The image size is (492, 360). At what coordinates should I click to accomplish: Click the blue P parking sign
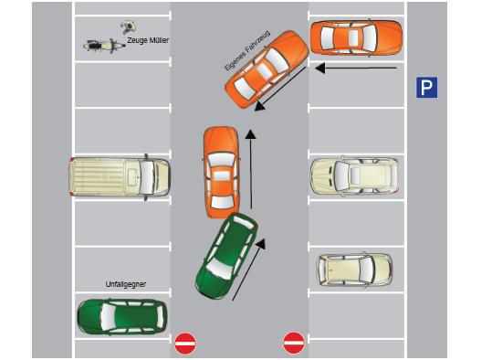click(x=426, y=88)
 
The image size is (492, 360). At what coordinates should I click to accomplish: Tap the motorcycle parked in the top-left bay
click(x=102, y=44)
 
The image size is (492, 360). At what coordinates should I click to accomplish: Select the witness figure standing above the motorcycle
click(x=129, y=26)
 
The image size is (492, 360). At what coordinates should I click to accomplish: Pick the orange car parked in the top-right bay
click(x=356, y=38)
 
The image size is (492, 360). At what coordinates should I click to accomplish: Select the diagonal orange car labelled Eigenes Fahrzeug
click(x=266, y=69)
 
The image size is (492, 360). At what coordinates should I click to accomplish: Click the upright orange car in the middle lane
click(x=221, y=170)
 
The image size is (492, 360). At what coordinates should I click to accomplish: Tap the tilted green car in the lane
click(x=226, y=256)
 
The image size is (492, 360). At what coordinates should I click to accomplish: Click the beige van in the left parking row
click(x=120, y=175)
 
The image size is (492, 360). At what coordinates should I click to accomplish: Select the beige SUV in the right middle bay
click(x=355, y=175)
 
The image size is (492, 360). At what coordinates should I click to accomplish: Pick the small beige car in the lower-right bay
click(x=354, y=269)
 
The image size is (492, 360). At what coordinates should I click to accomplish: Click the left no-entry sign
click(x=185, y=343)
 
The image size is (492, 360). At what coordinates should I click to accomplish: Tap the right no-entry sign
click(x=293, y=343)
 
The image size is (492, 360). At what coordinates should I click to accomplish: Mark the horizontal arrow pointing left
click(x=357, y=68)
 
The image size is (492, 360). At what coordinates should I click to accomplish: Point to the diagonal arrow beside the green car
click(x=248, y=270)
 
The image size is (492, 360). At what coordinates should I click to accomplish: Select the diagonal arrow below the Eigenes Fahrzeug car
click(x=279, y=93)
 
